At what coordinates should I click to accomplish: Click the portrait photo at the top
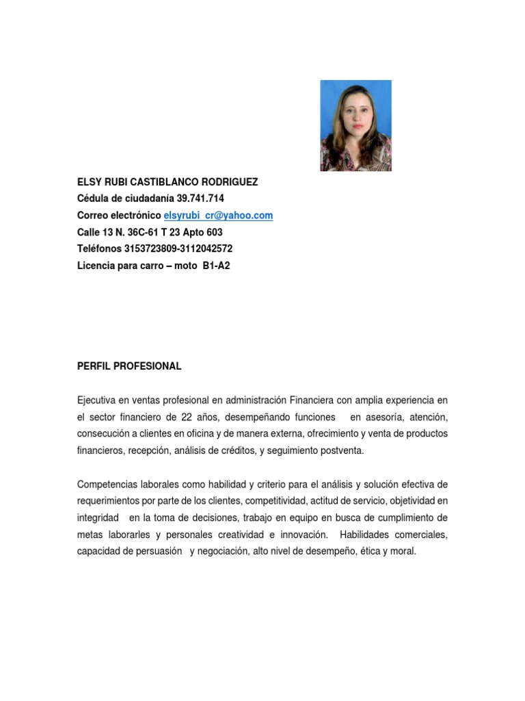point(355,125)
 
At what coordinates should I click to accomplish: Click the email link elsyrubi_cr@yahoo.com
point(218,215)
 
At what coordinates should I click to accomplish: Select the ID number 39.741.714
point(200,199)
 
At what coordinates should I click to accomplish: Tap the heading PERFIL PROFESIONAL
point(129,366)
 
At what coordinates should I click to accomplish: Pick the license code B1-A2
point(216,266)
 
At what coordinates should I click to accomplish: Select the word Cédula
point(94,199)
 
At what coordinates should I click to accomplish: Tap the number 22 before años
point(204,416)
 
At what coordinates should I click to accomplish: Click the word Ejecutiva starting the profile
point(98,400)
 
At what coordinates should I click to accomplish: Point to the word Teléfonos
point(99,248)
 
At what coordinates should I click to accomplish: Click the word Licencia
point(96,266)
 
